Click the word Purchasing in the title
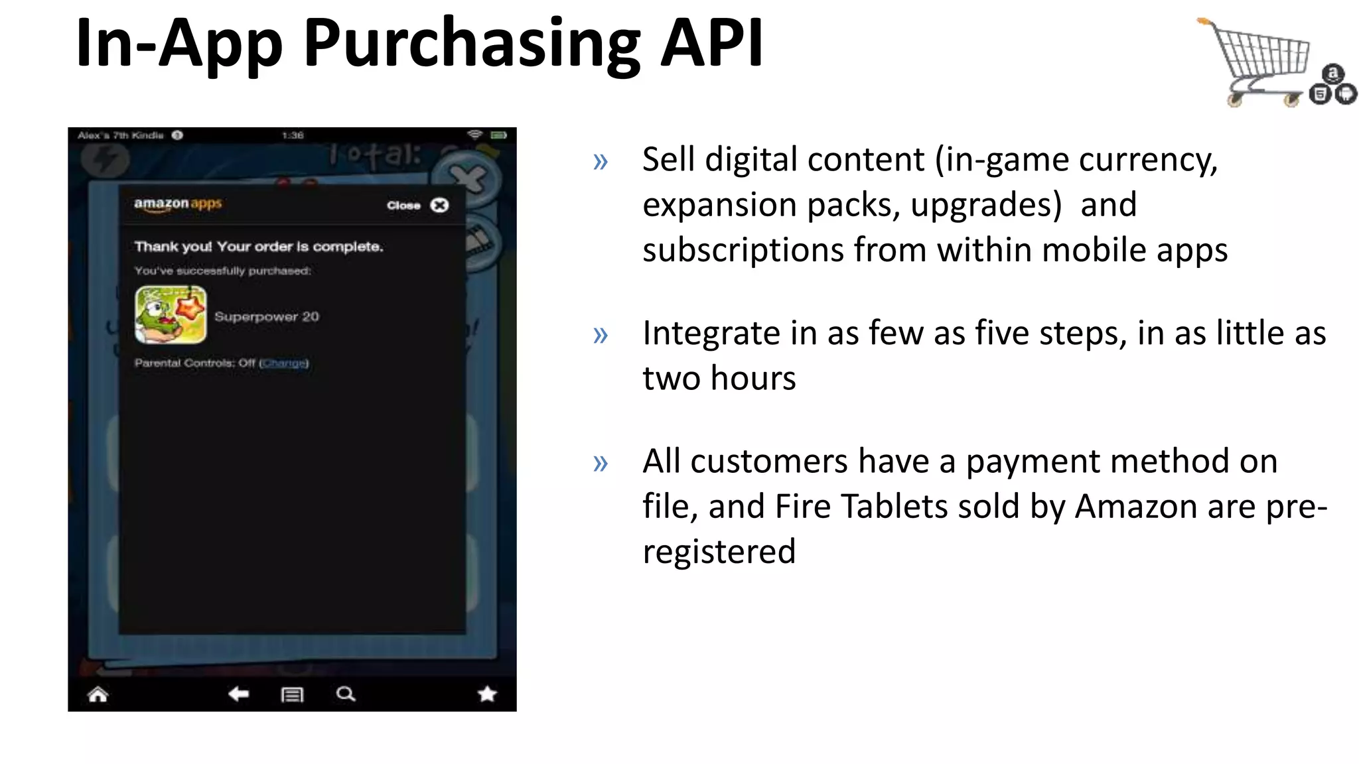click(471, 45)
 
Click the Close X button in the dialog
click(439, 205)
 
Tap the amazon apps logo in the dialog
click(178, 204)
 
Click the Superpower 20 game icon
click(171, 315)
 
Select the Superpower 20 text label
click(267, 316)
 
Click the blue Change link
click(284, 363)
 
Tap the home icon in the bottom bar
click(98, 694)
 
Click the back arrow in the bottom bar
click(238, 694)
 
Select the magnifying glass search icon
click(346, 694)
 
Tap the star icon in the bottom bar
click(487, 694)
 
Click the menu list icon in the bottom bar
click(292, 694)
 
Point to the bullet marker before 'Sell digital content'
click(601, 161)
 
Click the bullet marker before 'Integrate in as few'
click(601, 335)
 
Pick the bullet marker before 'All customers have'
click(601, 463)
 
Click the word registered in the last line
click(719, 552)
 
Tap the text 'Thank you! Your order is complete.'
click(259, 247)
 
